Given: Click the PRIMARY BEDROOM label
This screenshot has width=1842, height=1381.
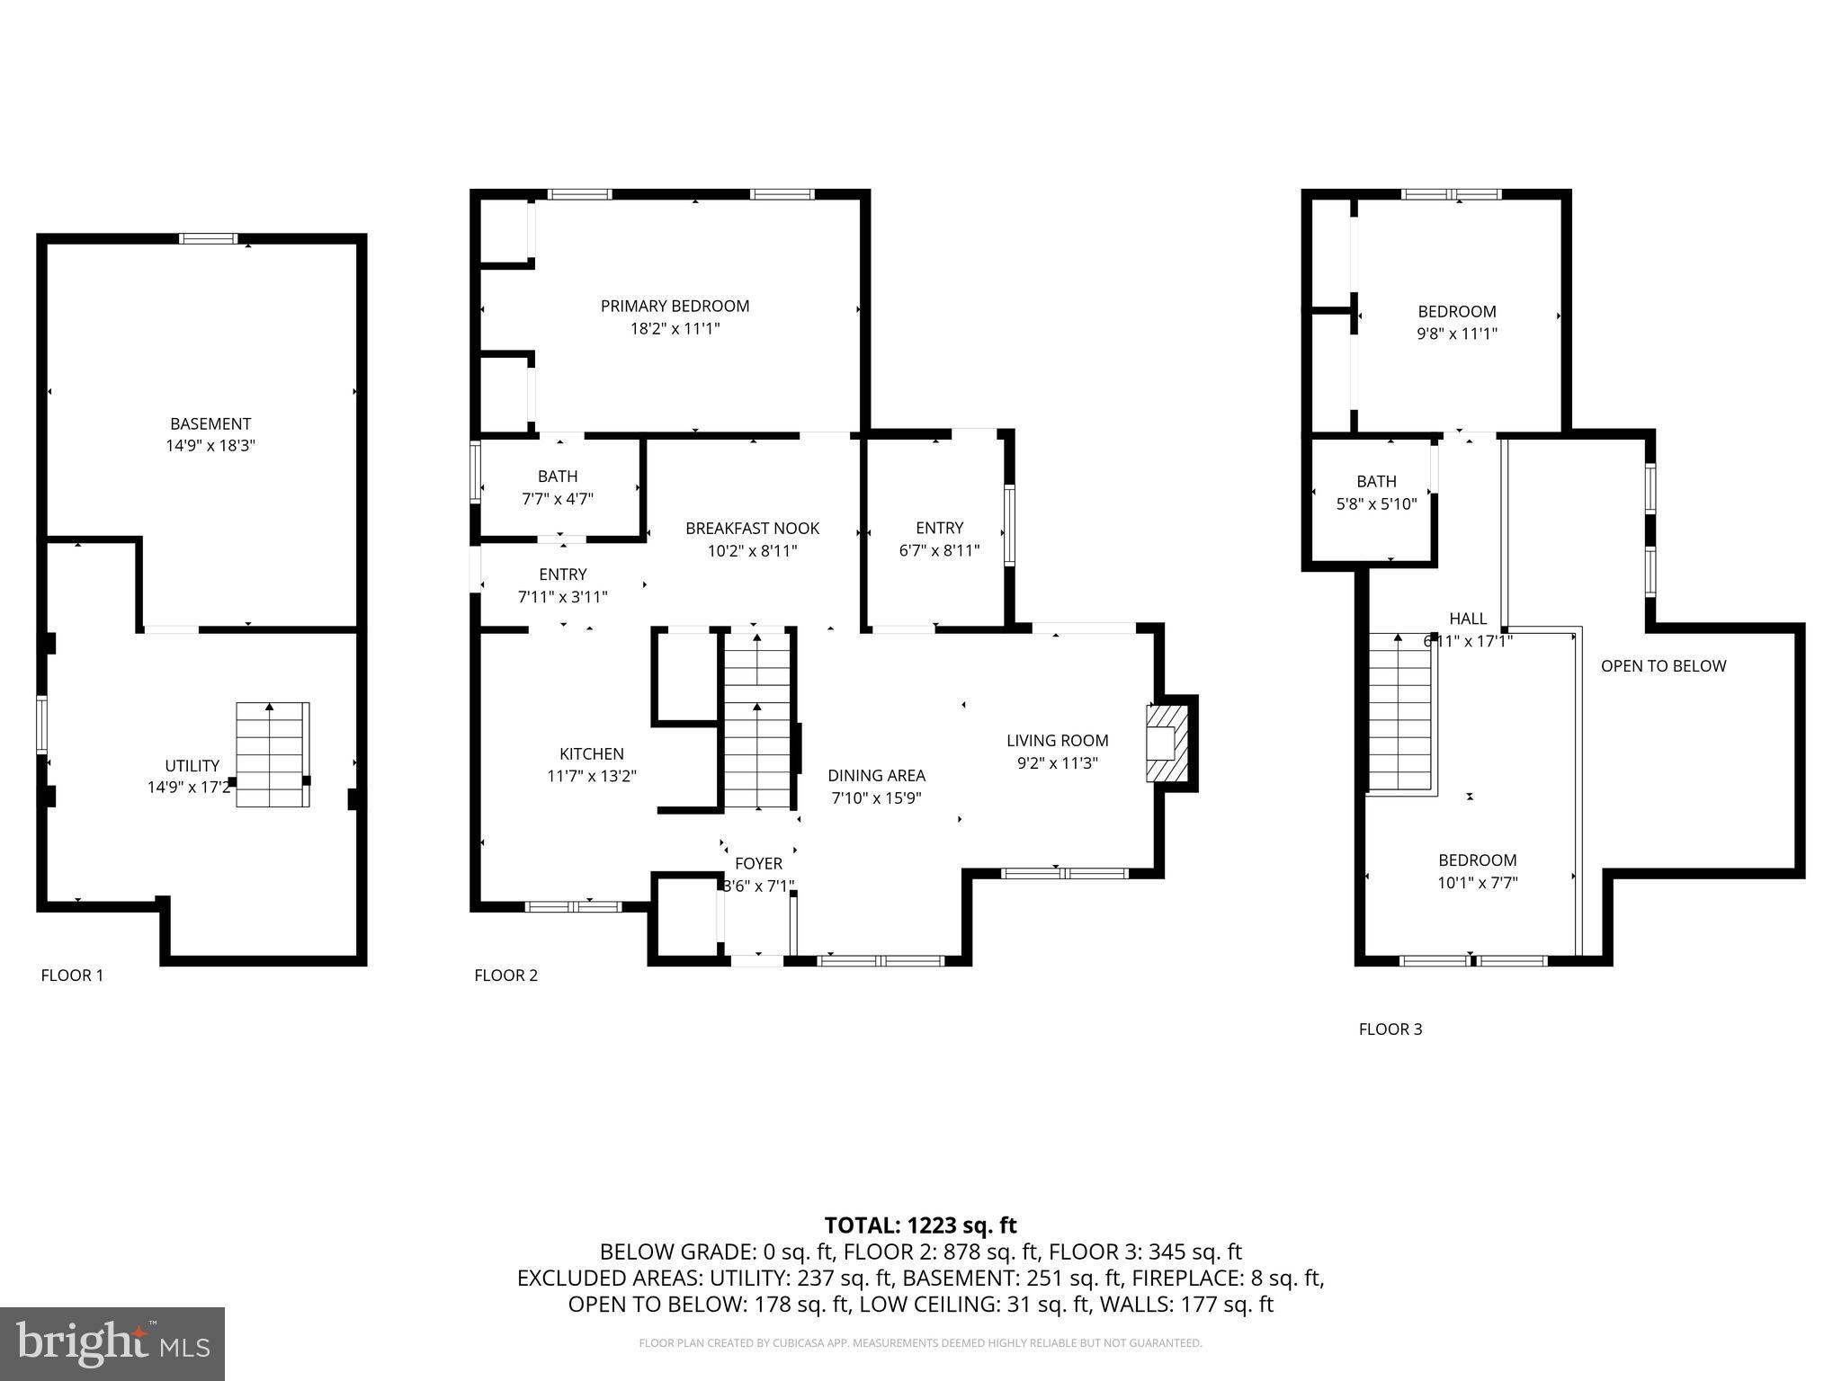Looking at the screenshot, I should click(x=675, y=307).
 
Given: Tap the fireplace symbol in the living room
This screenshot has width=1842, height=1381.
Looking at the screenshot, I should click(x=1166, y=743).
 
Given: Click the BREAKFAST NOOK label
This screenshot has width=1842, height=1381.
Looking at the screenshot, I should click(x=752, y=529).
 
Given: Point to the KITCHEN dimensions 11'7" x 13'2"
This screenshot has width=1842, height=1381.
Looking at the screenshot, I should click(x=592, y=776).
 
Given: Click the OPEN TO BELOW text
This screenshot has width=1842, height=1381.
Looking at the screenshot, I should click(x=1663, y=666).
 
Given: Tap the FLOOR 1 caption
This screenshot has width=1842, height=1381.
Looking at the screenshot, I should click(x=72, y=976).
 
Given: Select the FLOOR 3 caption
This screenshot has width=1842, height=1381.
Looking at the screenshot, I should click(x=1390, y=1029).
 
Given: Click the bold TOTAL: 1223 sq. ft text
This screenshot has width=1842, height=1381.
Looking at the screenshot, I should click(x=920, y=1225).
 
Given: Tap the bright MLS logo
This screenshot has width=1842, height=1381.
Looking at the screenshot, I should click(x=112, y=1344).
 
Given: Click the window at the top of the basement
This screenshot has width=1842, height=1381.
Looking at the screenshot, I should click(x=208, y=238).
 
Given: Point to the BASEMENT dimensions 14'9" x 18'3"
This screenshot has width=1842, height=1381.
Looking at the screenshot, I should click(x=210, y=446).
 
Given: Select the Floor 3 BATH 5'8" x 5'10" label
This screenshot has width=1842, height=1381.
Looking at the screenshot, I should click(x=1376, y=493).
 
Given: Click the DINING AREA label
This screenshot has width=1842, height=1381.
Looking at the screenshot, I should click(x=876, y=776).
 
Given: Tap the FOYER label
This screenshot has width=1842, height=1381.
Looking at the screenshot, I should click(x=758, y=864).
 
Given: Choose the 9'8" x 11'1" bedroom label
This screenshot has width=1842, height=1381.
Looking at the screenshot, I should click(x=1456, y=323).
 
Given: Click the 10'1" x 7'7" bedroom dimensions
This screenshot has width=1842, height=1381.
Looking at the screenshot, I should click(x=1477, y=883).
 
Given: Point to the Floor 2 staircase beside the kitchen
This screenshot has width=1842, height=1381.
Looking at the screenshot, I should click(x=757, y=719).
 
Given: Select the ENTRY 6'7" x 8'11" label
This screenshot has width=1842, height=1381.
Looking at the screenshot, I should click(x=939, y=539).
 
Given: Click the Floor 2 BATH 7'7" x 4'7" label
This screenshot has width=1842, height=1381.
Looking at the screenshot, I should click(x=558, y=487).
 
